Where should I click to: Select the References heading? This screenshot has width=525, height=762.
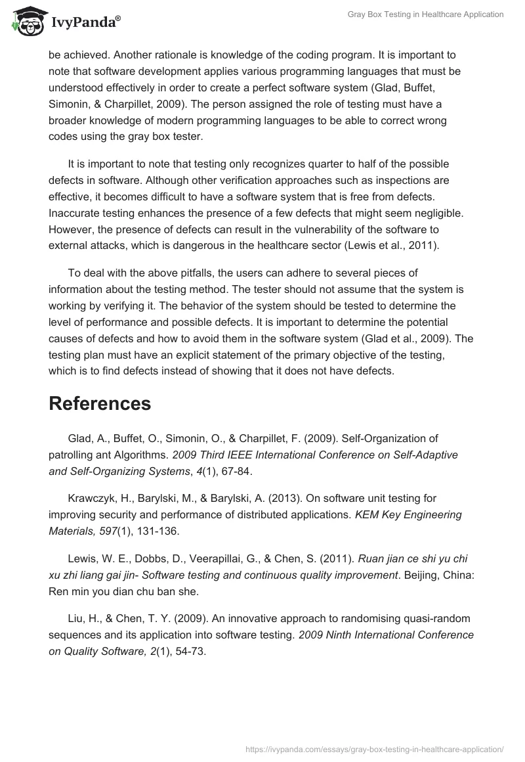[x=100, y=403]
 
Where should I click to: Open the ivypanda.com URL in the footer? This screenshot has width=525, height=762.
[x=375, y=748]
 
